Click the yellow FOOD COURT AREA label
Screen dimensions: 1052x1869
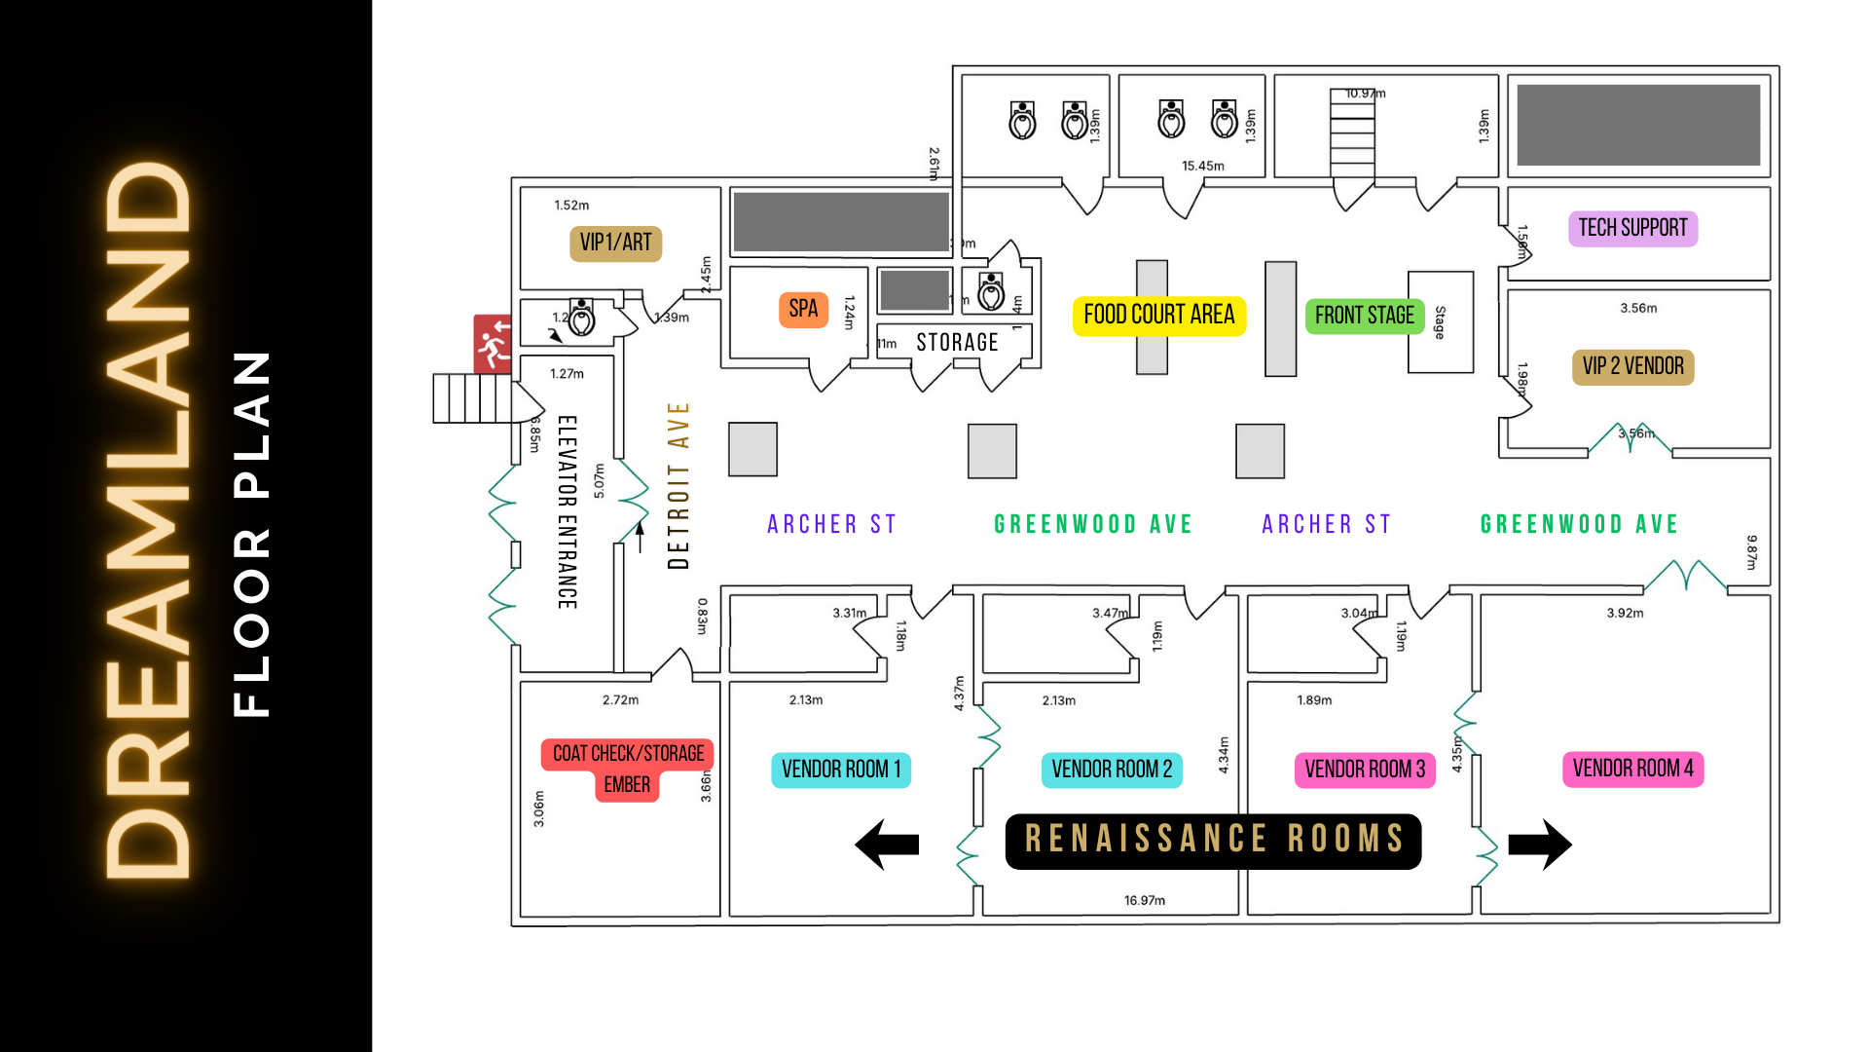click(x=1158, y=316)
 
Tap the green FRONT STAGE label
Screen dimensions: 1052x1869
click(x=1364, y=316)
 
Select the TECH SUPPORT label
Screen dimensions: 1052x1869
click(x=1632, y=228)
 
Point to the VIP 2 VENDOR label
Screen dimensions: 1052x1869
click(x=1632, y=367)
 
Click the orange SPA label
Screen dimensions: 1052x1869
click(x=803, y=310)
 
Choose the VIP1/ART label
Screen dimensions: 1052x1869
click(x=615, y=243)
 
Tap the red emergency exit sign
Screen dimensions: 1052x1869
click(x=493, y=344)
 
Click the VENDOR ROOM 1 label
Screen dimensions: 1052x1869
click(x=841, y=770)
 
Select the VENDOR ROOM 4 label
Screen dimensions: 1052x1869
click(x=1632, y=769)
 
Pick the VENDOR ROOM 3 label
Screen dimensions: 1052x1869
click(x=1364, y=770)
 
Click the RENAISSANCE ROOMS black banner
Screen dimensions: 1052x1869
click(x=1213, y=840)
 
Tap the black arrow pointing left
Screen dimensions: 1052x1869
click(x=887, y=844)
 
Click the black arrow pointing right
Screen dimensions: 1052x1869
click(x=1540, y=844)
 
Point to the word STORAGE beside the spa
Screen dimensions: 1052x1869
click(x=957, y=343)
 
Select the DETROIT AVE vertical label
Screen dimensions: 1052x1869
click(x=678, y=485)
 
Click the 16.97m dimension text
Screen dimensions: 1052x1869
click(x=1144, y=901)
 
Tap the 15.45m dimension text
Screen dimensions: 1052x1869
click(x=1202, y=167)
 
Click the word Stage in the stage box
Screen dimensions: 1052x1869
click(x=1440, y=322)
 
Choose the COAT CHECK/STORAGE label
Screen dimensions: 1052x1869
click(x=628, y=754)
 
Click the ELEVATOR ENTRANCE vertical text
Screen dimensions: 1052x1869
click(x=568, y=512)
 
